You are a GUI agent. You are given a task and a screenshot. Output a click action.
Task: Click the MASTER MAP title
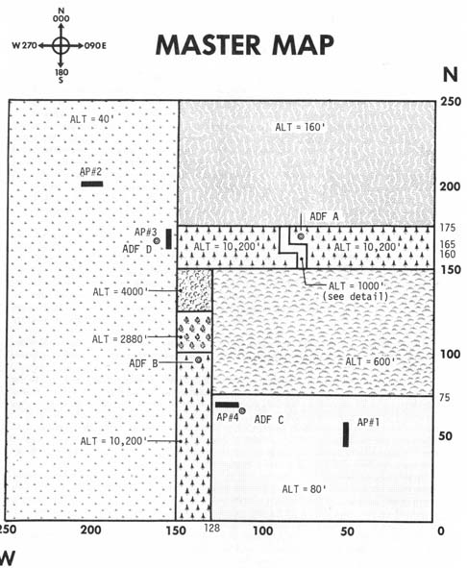(x=244, y=45)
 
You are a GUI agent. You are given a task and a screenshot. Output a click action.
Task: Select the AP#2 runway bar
(x=92, y=184)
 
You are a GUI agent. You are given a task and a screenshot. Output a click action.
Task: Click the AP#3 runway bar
(x=168, y=238)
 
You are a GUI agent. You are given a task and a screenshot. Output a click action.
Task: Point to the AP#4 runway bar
(x=227, y=405)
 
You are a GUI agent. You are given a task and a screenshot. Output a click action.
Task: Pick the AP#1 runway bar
(x=346, y=434)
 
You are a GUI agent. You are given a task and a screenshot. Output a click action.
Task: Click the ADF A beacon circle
(x=301, y=236)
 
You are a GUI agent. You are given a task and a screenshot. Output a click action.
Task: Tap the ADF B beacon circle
(x=198, y=359)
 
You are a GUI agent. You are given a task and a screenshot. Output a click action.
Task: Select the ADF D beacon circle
(x=157, y=240)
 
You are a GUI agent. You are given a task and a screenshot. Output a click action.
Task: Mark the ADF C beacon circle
(x=242, y=410)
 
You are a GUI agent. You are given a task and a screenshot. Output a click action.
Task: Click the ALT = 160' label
(x=300, y=127)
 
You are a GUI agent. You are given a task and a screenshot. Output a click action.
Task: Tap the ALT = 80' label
(x=305, y=489)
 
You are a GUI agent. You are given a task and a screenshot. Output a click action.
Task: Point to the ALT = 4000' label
(x=121, y=291)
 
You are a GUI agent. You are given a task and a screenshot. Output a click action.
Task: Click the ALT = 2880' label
(x=119, y=339)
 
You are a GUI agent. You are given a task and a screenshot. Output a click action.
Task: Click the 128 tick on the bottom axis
(x=212, y=529)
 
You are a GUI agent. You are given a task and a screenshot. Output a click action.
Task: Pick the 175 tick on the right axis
(x=448, y=228)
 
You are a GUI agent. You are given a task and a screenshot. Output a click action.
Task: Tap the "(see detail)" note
(x=356, y=296)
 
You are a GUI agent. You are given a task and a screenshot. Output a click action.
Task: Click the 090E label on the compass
(x=95, y=45)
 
